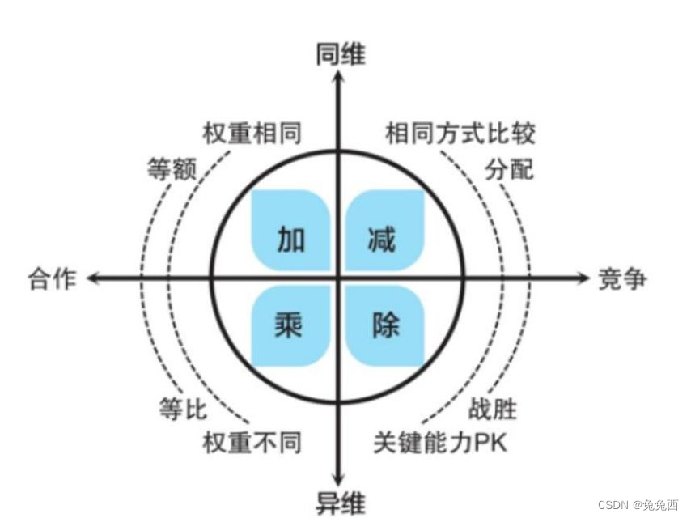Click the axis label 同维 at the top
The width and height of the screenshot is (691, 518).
click(340, 54)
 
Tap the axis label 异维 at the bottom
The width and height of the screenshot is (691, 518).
click(340, 502)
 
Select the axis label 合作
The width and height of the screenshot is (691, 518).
click(52, 278)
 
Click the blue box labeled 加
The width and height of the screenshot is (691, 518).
click(292, 231)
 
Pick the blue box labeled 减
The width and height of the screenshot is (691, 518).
click(383, 231)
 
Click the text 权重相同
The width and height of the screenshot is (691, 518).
click(252, 133)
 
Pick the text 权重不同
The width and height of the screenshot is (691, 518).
click(252, 443)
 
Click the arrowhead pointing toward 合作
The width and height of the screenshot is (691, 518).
click(93, 278)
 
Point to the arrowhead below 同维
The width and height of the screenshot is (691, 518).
click(340, 76)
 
